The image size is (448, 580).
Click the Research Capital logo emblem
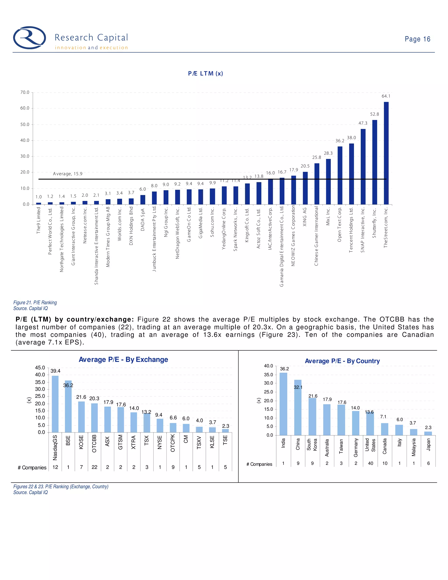point(30,38)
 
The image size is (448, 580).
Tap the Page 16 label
point(417,39)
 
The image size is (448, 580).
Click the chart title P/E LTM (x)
point(205,74)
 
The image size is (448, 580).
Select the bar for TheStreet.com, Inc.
point(386,153)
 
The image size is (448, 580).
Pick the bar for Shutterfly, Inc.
point(374,162)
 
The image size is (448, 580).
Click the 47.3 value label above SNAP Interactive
point(363,123)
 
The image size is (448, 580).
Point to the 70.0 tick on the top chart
point(25,92)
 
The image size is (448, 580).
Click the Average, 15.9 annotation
point(68,174)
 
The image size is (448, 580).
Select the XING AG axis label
point(305,217)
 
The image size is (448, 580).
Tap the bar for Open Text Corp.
point(340,175)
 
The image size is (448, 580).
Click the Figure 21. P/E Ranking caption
point(35,302)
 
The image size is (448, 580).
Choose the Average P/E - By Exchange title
point(123,360)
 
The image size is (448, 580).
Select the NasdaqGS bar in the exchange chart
point(55,404)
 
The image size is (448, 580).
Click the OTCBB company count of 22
point(94,467)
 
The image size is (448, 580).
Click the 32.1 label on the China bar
point(298,387)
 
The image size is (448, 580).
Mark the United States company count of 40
point(371,463)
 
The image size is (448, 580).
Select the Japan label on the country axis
point(428,445)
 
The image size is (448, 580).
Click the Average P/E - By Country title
point(342,361)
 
